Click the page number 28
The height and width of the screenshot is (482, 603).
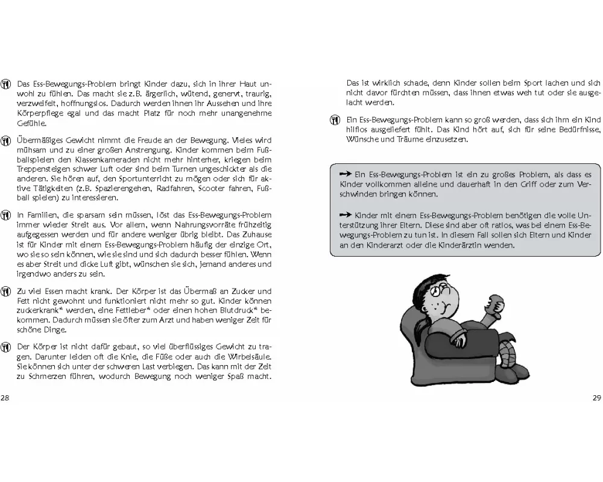pos(5,398)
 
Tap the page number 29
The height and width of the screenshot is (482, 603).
pos(597,398)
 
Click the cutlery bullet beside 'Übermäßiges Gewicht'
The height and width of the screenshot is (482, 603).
pos(7,140)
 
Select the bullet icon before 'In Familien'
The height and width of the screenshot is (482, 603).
pos(7,215)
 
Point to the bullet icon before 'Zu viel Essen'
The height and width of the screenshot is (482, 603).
pos(7,291)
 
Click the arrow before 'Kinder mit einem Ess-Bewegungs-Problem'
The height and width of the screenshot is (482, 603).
pos(346,214)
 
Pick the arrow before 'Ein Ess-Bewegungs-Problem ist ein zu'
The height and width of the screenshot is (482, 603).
pos(346,174)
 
